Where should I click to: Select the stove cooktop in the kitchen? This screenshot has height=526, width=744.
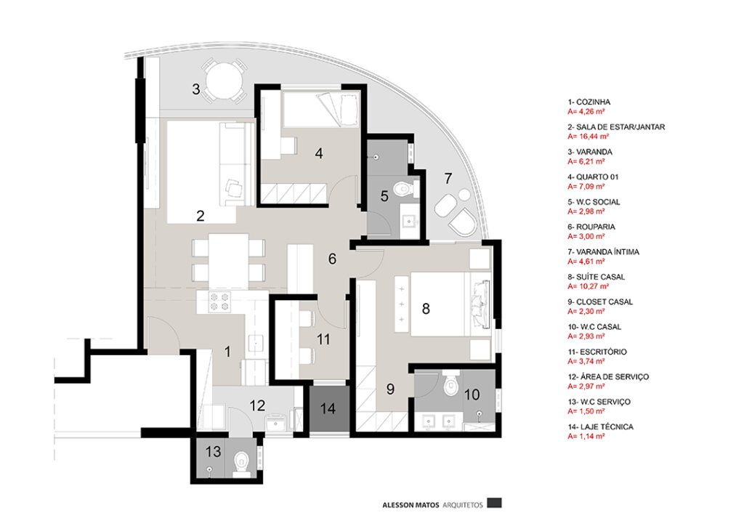tap(219, 302)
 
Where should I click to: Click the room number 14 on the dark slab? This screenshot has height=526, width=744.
tap(328, 408)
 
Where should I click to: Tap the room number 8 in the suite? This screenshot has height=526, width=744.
tap(426, 309)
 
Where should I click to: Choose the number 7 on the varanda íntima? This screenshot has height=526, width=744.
tap(448, 179)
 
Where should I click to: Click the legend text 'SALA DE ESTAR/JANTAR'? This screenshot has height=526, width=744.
tap(620, 127)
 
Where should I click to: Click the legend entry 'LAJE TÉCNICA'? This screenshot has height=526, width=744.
tap(604, 427)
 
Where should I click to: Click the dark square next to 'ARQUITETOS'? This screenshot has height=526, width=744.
tap(494, 502)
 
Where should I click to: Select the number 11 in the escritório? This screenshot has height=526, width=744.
tap(323, 339)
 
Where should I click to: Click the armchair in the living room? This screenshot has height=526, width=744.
tap(233, 189)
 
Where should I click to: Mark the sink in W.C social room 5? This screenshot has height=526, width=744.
tap(408, 221)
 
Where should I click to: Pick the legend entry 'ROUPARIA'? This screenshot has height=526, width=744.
tap(596, 227)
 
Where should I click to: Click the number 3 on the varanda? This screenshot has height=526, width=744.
tap(196, 89)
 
